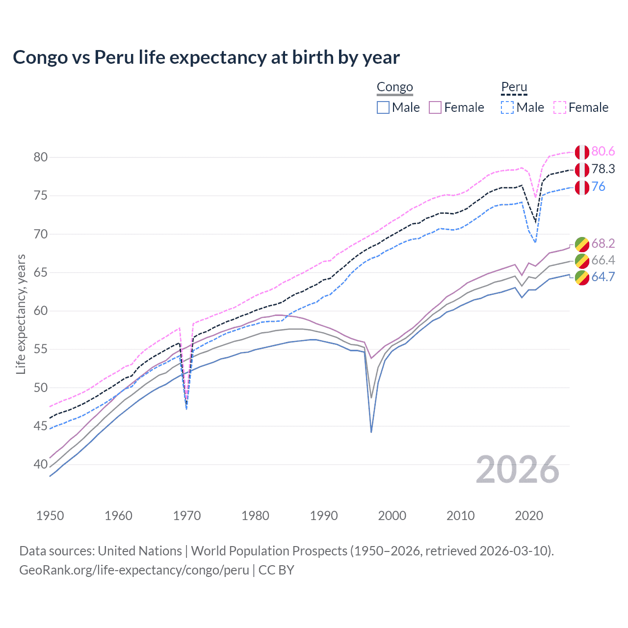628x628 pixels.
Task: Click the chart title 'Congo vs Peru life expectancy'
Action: [206, 57]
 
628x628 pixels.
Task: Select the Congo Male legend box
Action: [383, 107]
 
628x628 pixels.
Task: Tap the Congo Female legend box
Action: [435, 107]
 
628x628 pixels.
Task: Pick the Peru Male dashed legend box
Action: [507, 107]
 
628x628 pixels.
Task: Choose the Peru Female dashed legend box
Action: [560, 107]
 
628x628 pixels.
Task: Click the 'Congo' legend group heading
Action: [394, 87]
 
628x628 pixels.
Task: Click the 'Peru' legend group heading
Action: [514, 87]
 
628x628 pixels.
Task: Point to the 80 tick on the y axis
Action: [41, 157]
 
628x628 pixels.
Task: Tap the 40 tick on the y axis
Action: [41, 464]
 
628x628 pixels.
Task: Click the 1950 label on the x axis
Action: [50, 516]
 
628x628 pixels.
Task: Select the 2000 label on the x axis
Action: [392, 516]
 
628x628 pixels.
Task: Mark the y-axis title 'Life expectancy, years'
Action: [21, 314]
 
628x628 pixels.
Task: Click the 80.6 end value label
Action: [603, 152]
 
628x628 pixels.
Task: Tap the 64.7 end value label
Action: [603, 277]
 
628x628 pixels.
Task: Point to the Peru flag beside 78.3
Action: [582, 170]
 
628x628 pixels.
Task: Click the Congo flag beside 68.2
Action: [582, 244]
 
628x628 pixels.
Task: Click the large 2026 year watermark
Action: [518, 470]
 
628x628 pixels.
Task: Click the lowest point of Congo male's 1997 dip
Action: [371, 432]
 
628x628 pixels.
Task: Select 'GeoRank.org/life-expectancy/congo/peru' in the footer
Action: [134, 570]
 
